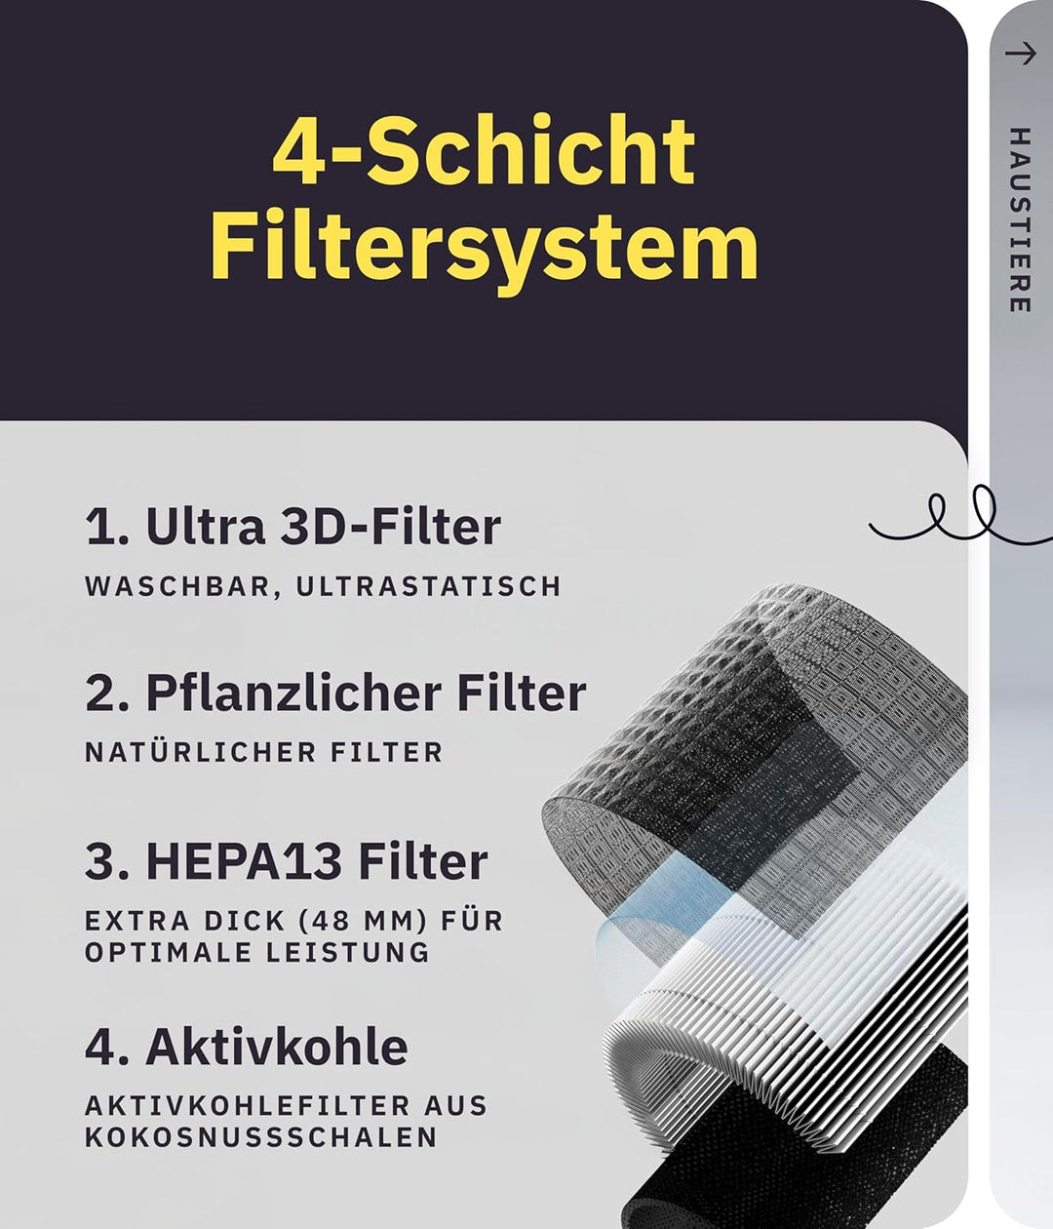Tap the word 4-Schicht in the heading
pos(484,151)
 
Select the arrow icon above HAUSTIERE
pos(1020,54)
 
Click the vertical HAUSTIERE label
pos(1019,219)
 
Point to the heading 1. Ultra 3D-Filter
pos(292,527)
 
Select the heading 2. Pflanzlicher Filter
pos(335,694)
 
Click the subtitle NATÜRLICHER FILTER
pos(263,752)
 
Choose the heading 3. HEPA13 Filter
pos(286,861)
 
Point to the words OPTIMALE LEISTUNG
pos(256,952)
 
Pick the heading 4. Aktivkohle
pos(246,1048)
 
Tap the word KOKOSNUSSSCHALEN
pos(260,1137)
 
